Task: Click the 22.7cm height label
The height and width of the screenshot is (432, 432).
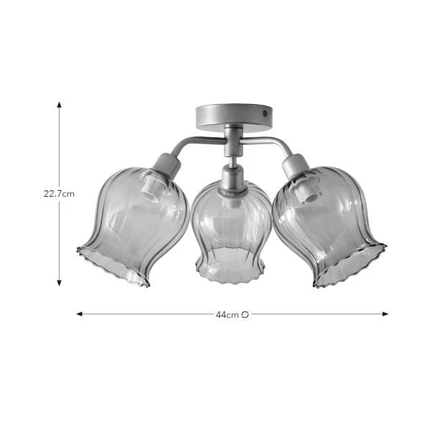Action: tap(60, 193)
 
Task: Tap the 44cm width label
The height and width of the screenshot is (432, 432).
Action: tap(227, 314)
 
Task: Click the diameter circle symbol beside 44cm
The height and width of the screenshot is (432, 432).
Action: tap(245, 314)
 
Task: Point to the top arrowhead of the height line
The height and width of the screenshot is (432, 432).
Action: tap(60, 104)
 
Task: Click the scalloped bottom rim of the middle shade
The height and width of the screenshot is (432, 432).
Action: tap(231, 273)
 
